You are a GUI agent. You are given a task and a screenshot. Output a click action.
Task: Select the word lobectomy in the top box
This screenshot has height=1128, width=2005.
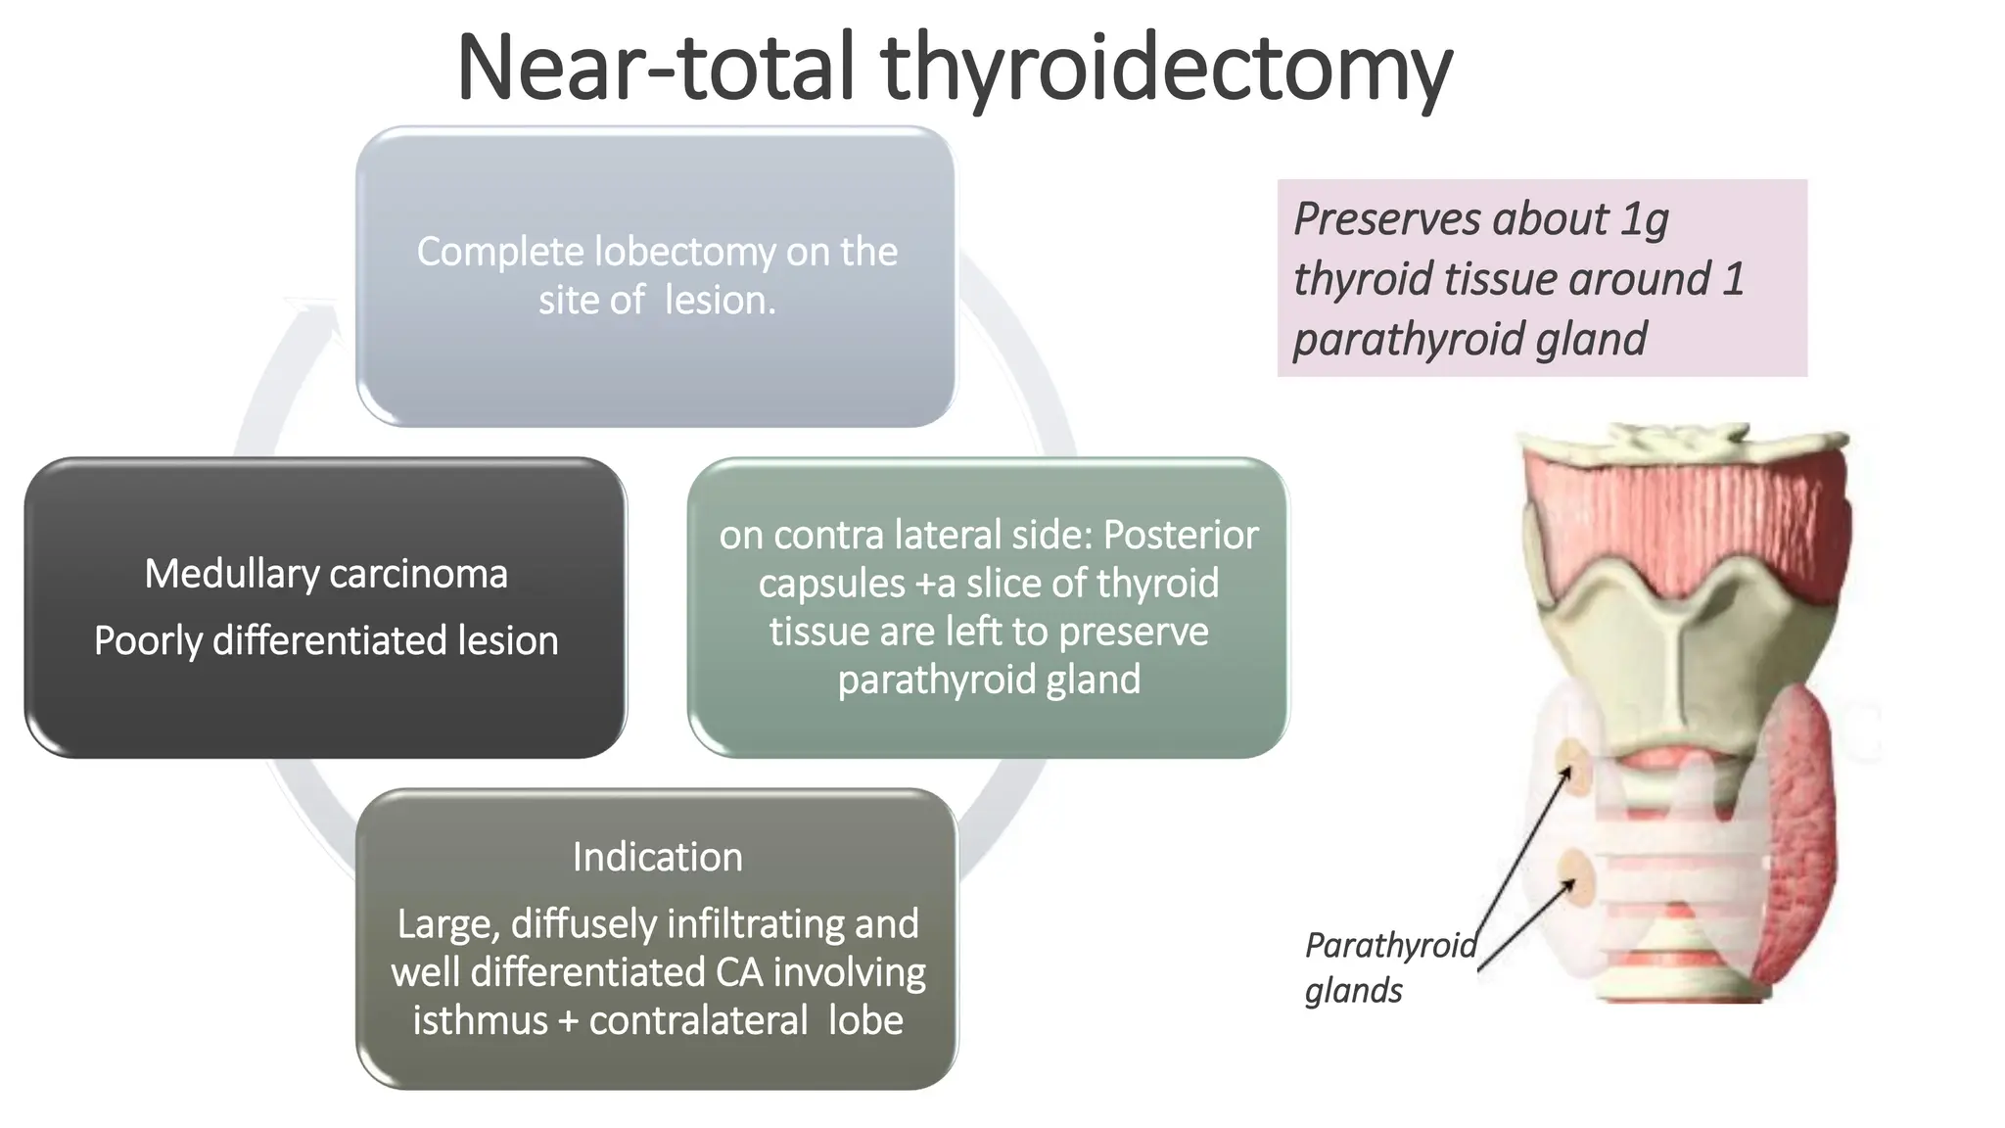[x=685, y=253]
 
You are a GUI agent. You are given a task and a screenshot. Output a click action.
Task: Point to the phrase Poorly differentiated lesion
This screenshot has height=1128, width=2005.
[x=326, y=641]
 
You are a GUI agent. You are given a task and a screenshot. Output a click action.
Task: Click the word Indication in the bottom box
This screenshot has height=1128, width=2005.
[x=657, y=858]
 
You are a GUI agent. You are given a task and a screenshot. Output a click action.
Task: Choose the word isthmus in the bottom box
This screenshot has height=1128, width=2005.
[x=480, y=1020]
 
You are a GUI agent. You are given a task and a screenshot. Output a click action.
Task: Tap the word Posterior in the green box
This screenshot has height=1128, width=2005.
[x=1181, y=536]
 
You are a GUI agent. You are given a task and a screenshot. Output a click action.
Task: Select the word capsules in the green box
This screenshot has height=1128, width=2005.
[x=831, y=584]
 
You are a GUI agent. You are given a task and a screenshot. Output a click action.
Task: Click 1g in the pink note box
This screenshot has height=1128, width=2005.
[x=1644, y=219]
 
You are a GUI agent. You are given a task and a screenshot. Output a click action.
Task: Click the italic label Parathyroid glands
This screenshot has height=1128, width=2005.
[x=1389, y=967]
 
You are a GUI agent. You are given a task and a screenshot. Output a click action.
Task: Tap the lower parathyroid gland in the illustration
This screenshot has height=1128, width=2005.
[x=1575, y=873]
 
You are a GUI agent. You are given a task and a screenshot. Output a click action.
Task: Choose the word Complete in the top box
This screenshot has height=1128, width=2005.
[x=500, y=253]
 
